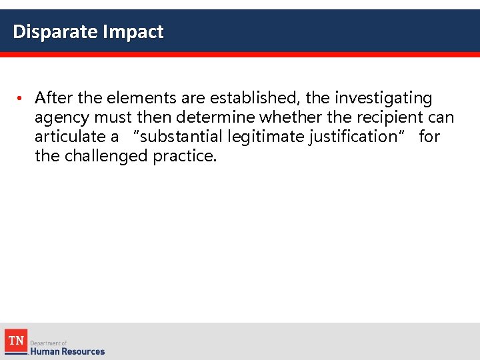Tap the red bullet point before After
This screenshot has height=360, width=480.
pos(21,99)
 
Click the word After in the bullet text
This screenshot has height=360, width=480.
pos(55,99)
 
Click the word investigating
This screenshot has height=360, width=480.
pos(383,99)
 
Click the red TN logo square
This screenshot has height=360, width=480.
pos(15,341)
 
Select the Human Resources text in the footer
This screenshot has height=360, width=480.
pos(67,351)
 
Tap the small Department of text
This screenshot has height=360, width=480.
pos(49,343)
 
